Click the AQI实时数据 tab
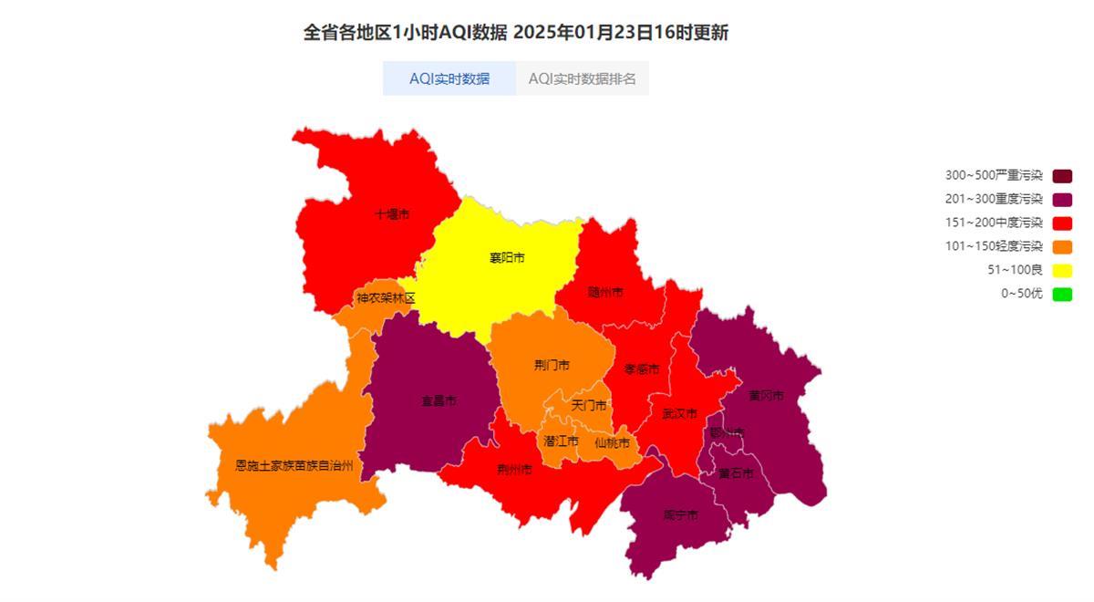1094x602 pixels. click(449, 78)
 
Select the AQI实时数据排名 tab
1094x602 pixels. click(582, 78)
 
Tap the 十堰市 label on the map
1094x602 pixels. click(392, 214)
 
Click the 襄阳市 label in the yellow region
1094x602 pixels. click(507, 258)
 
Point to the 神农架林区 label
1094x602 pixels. click(386, 298)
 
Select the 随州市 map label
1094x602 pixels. click(605, 292)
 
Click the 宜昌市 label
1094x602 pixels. click(439, 400)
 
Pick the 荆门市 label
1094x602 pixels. click(552, 365)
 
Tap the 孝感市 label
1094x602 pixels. click(641, 369)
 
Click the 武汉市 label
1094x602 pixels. click(679, 413)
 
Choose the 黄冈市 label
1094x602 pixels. click(766, 395)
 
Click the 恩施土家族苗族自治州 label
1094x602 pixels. click(294, 465)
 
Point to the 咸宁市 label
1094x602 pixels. click(680, 515)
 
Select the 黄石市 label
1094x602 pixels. click(736, 473)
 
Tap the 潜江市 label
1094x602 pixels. click(561, 441)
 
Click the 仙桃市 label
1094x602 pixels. click(612, 443)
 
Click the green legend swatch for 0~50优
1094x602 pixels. click(1062, 294)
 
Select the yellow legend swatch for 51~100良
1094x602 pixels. click(1062, 270)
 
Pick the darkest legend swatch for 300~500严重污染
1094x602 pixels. click(1062, 175)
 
